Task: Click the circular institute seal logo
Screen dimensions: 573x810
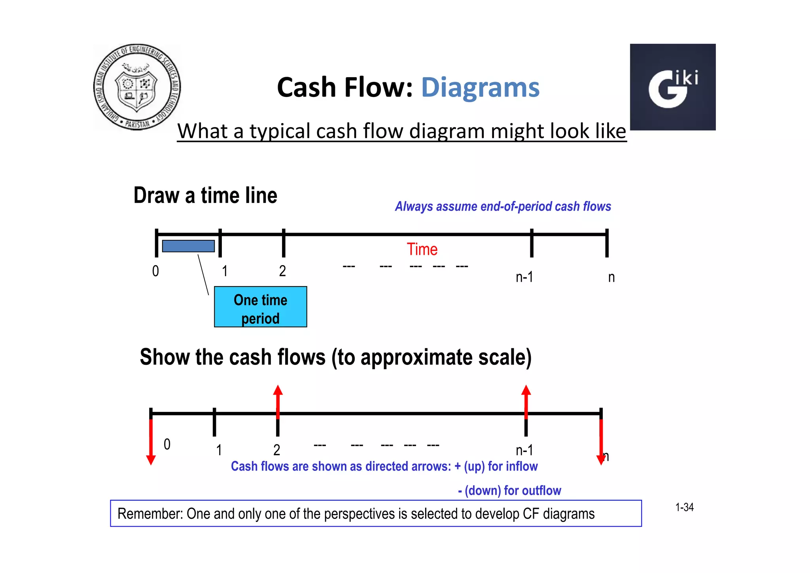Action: pyautogui.click(x=137, y=87)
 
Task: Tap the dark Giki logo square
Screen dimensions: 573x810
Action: pyautogui.click(x=672, y=87)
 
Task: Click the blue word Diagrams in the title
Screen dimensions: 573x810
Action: pyautogui.click(x=480, y=87)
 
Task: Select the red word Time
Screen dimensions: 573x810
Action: pyautogui.click(x=422, y=250)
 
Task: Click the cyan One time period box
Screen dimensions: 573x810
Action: pyautogui.click(x=260, y=307)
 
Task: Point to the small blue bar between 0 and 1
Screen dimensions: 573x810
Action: pyautogui.click(x=188, y=246)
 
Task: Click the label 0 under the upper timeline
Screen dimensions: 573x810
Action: pyautogui.click(x=155, y=271)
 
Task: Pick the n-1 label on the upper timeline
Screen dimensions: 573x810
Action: pyautogui.click(x=524, y=277)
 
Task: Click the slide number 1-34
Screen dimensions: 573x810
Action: pyautogui.click(x=684, y=507)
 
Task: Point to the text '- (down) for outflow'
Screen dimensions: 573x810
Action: pyautogui.click(x=509, y=491)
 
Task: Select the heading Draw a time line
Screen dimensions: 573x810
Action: pyautogui.click(x=205, y=195)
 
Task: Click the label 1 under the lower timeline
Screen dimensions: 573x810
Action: pyautogui.click(x=219, y=450)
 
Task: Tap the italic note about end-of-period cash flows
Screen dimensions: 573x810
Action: pyautogui.click(x=503, y=207)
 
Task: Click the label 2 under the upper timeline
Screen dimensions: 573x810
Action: pyautogui.click(x=282, y=271)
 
